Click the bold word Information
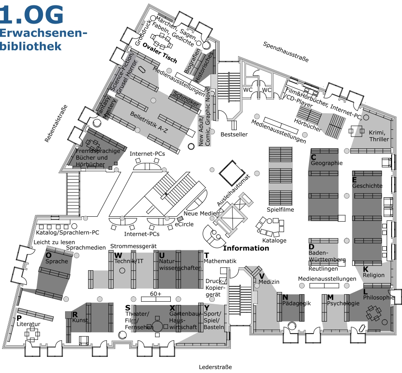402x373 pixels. tap(246, 248)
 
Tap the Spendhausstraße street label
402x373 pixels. tap(286, 52)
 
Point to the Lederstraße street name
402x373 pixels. tap(216, 367)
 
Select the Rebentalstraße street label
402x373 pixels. tap(56, 124)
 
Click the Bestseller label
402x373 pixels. tap(234, 134)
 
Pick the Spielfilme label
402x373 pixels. tap(280, 209)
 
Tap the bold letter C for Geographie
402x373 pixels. tap(313, 157)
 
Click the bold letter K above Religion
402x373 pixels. tap(366, 269)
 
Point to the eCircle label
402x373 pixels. tap(184, 224)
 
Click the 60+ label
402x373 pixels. tap(156, 294)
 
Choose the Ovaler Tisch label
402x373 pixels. tap(160, 53)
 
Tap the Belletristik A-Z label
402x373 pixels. tap(149, 122)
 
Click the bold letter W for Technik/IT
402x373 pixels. tap(118, 255)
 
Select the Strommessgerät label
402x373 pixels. tap(133, 246)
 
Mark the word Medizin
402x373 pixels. tap(269, 282)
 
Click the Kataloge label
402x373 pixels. tap(274, 240)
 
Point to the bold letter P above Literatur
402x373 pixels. tap(19, 318)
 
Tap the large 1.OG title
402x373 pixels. tap(31, 15)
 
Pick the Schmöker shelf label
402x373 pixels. tap(186, 99)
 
